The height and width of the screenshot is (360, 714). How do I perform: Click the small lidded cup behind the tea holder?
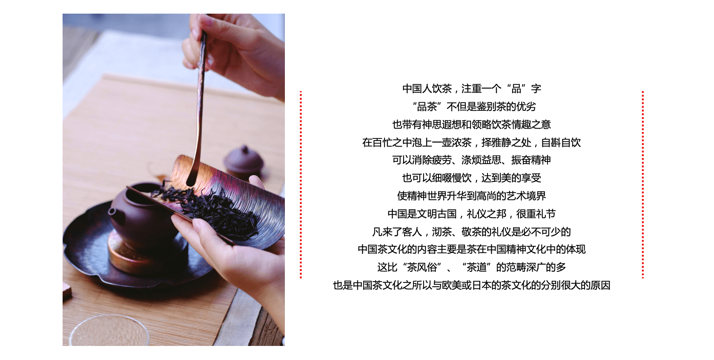point(244,163)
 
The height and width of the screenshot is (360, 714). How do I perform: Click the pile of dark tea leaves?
point(207,210)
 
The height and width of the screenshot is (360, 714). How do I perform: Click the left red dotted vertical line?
point(301,185)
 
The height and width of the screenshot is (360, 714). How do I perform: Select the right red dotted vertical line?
point(642,185)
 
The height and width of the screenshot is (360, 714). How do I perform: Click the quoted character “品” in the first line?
point(516,89)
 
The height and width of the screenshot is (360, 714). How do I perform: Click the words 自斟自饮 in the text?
point(561,142)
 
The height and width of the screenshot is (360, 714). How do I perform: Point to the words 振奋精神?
point(531,160)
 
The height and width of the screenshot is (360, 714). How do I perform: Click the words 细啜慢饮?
point(452,178)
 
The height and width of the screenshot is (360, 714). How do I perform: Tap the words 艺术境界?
point(526,196)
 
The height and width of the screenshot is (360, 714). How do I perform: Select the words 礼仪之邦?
point(486,213)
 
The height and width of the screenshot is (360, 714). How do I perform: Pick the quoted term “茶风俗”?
point(422,267)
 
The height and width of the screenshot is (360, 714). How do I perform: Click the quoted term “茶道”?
point(476,267)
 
